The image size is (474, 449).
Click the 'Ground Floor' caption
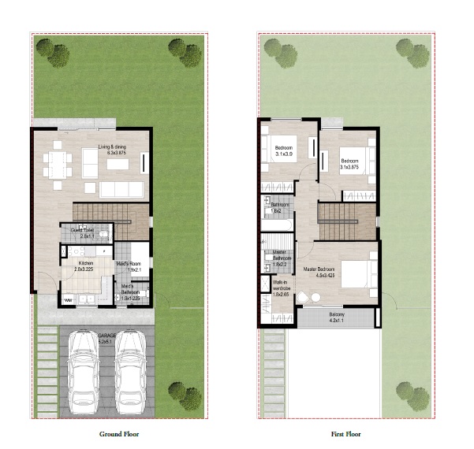click(119, 433)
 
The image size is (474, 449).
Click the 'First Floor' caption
click(346, 433)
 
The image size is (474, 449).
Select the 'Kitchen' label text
click(86, 263)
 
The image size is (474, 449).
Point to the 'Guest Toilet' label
click(82, 231)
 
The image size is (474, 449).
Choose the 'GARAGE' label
click(106, 336)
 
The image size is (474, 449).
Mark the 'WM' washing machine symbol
click(68, 300)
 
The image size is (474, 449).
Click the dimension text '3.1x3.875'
click(349, 167)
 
